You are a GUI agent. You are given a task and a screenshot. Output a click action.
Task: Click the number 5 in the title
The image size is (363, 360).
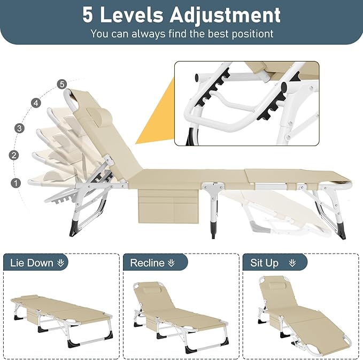(x=88, y=15)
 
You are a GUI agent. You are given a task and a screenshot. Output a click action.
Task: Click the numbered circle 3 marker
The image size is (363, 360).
(x=19, y=128)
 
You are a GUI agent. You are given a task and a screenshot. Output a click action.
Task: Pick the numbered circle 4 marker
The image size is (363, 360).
(x=36, y=102)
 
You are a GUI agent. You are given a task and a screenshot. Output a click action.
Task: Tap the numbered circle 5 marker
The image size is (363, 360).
(x=62, y=84)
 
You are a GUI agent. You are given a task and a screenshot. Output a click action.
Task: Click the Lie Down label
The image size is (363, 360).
(x=32, y=263)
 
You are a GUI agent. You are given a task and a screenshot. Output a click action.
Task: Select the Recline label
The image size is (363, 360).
(x=147, y=263)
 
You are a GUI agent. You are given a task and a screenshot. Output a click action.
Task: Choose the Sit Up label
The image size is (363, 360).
(x=265, y=263)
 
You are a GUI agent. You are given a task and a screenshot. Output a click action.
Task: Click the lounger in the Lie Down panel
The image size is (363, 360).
(x=61, y=310)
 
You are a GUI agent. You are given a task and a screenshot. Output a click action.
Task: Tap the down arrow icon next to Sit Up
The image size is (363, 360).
(x=292, y=263)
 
